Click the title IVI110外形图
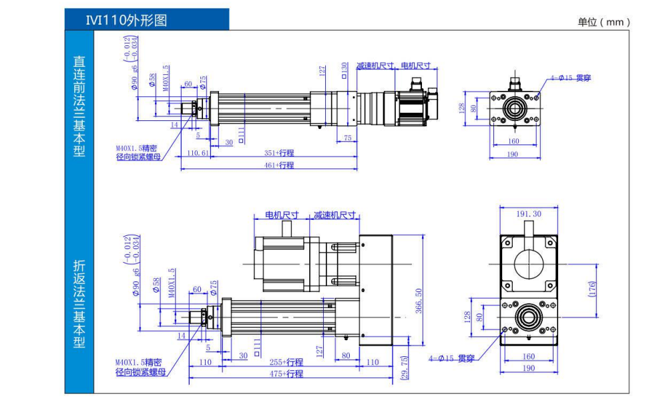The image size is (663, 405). [x=126, y=20]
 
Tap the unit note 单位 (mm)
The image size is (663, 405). [x=604, y=22]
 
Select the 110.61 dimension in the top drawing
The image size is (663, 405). [x=195, y=153]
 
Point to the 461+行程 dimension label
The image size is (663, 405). [x=278, y=165]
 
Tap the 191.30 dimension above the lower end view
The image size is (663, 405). [x=529, y=214]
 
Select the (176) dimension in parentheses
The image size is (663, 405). [x=592, y=289]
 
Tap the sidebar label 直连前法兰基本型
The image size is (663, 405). [x=79, y=106]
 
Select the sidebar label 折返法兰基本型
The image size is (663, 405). [x=79, y=304]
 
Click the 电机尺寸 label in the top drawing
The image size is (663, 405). [x=415, y=66]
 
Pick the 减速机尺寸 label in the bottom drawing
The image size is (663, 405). [x=335, y=215]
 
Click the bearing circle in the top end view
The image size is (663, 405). [x=515, y=108]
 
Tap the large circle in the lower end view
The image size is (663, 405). [x=529, y=261]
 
